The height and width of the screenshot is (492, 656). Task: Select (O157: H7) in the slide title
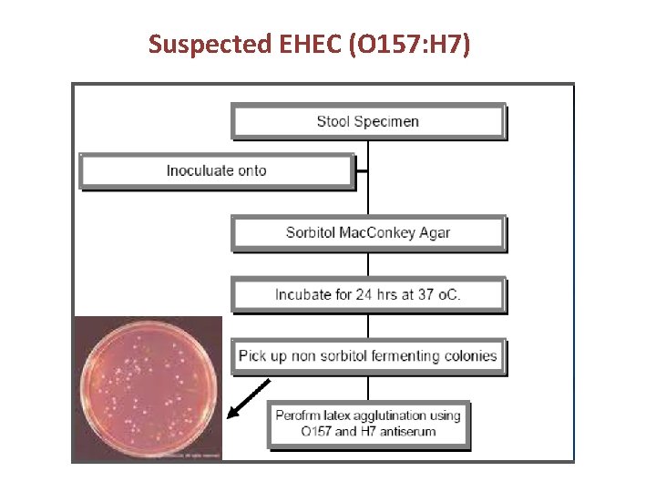[410, 44]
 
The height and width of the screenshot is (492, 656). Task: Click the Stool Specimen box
[368, 121]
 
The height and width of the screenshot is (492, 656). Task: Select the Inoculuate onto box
[216, 170]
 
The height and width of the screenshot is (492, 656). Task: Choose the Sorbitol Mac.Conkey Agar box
[368, 232]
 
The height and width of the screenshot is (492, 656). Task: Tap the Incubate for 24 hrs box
[368, 294]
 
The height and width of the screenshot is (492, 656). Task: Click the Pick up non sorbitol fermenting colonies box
[368, 355]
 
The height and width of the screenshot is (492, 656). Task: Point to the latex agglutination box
[368, 424]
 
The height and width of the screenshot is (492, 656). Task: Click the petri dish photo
[148, 389]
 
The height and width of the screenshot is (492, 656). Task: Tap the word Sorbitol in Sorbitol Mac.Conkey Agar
[310, 232]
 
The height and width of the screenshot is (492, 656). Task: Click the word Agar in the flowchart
[434, 232]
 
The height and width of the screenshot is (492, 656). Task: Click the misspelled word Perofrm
[301, 415]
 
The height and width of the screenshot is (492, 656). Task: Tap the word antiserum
[405, 432]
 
